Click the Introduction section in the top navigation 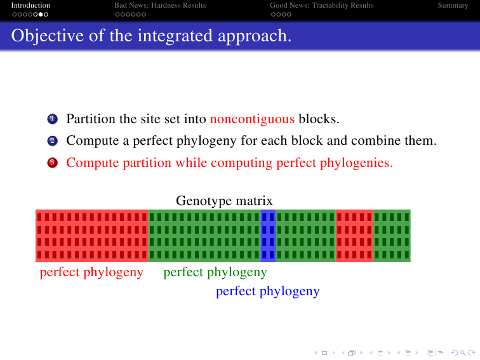point(30,5)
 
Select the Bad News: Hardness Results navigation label point(160,5)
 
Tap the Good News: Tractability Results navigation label point(322,5)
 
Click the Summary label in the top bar point(453,5)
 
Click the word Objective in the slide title point(48,36)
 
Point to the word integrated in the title point(175,36)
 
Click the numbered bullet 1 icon point(52,119)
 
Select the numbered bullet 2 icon point(52,141)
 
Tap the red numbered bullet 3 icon point(52,163)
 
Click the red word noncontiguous point(252,119)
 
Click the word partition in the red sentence point(147,163)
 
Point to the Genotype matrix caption point(224,201)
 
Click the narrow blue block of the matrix point(268,236)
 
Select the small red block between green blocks point(354,236)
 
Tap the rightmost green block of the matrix point(392,236)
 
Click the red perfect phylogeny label point(91,272)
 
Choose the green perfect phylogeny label point(215,272)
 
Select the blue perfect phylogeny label point(267,291)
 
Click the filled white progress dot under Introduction point(41,14)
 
